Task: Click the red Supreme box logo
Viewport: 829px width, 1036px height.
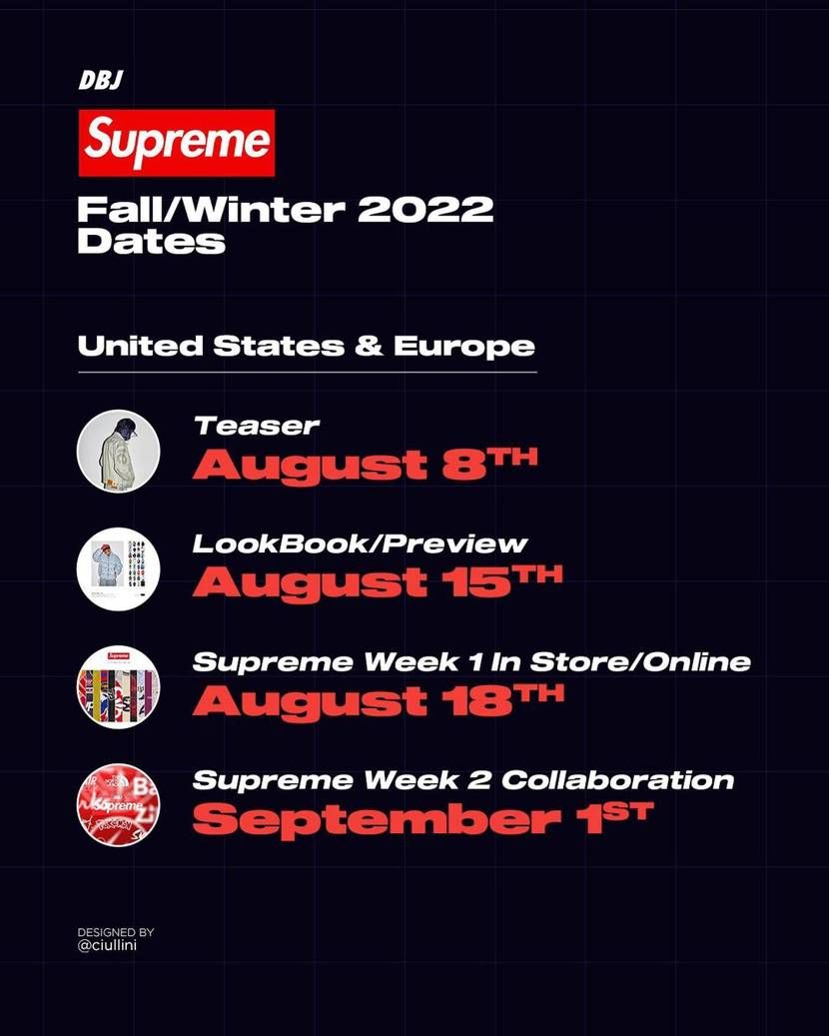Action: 176,143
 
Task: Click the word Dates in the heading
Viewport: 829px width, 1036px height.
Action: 151,242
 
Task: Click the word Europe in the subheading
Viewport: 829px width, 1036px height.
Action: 464,347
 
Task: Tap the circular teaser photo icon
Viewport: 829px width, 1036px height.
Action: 118,452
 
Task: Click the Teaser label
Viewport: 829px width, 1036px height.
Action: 257,427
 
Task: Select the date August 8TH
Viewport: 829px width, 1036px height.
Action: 365,466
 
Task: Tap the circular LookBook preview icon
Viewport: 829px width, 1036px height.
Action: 118,567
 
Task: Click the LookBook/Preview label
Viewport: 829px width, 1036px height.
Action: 360,544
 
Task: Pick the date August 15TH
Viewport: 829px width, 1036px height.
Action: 378,582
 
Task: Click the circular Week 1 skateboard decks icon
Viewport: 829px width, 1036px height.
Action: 118,687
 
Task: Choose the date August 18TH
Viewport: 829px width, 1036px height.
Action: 378,700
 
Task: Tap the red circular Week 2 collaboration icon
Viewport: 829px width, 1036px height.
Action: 118,804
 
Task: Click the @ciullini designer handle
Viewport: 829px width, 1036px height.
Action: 107,945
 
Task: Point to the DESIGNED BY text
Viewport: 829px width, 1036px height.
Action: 116,932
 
